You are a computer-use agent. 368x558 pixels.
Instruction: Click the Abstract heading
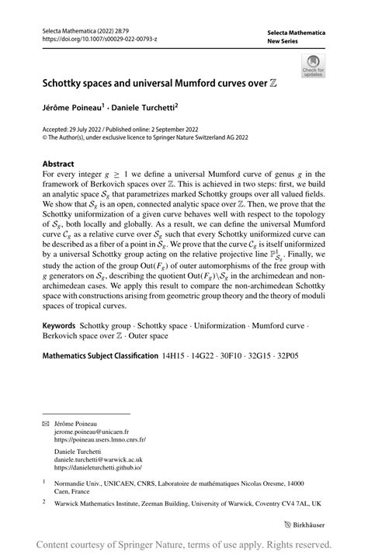pyautogui.click(x=58, y=164)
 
